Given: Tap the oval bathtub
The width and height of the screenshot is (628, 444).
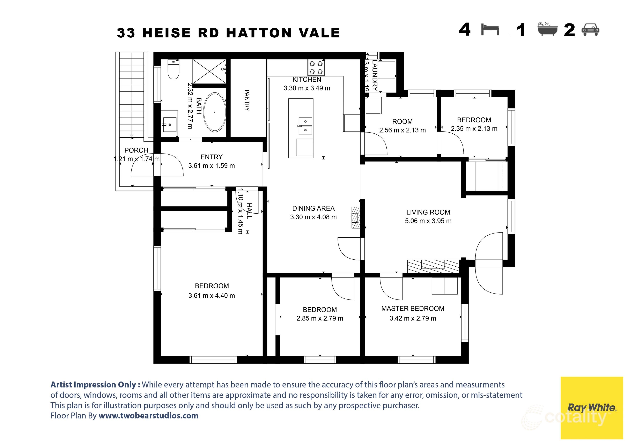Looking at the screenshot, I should (215, 112).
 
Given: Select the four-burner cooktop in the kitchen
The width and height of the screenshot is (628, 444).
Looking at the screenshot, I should (316, 68).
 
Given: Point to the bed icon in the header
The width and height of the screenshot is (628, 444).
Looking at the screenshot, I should (490, 30).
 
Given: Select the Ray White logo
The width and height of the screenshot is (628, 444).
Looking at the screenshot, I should (591, 408).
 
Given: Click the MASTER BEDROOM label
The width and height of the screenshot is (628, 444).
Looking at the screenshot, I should (413, 309).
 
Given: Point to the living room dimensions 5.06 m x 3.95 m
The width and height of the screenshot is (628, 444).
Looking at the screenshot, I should (428, 221).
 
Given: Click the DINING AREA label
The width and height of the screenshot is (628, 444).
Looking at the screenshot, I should (313, 208).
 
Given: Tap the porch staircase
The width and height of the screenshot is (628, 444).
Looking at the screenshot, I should (132, 94).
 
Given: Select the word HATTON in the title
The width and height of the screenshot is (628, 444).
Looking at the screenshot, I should (259, 33).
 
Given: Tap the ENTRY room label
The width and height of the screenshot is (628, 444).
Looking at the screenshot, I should (212, 157).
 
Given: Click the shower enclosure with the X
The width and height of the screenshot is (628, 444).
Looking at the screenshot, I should (209, 71).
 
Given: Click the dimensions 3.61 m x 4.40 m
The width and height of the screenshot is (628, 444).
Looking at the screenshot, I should (212, 295).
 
